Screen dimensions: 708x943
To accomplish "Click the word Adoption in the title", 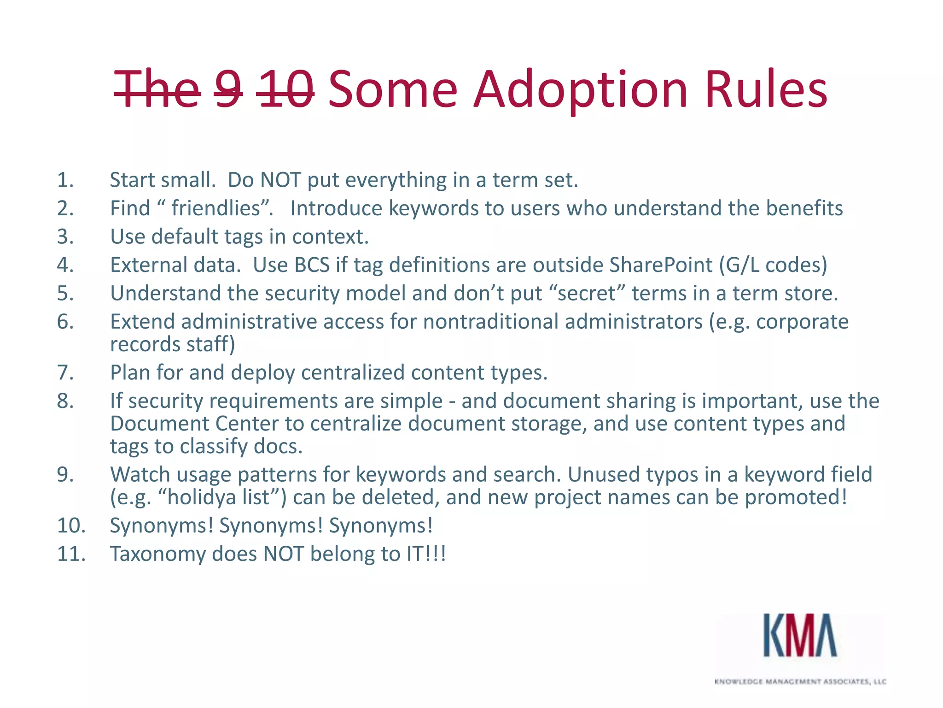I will click(x=580, y=89).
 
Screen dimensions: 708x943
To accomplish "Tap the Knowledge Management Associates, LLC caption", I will click(x=800, y=681).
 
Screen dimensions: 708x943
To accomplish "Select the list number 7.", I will click(x=65, y=372).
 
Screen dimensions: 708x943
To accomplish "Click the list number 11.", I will click(x=71, y=554).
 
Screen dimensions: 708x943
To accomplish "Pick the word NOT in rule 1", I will click(x=280, y=180).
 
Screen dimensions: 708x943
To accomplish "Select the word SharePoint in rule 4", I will click(x=661, y=265).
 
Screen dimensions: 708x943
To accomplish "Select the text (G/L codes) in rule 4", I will click(x=773, y=265).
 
